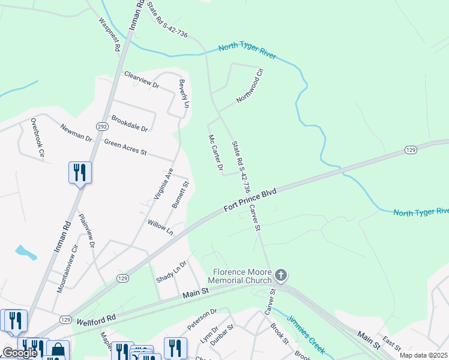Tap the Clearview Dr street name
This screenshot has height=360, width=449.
point(141,80)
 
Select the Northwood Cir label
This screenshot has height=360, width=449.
point(250,86)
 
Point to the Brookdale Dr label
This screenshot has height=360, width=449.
point(129,124)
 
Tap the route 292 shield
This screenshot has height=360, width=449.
point(101,126)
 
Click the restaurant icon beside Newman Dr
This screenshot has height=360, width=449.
point(80,173)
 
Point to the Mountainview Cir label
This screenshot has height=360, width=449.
point(68,268)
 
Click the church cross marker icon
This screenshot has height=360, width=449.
point(281,275)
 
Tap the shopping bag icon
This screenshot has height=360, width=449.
point(58,350)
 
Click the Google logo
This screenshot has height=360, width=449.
point(19,353)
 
